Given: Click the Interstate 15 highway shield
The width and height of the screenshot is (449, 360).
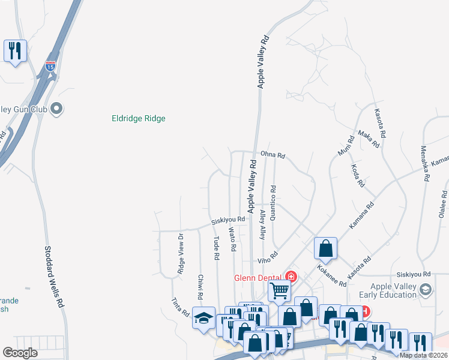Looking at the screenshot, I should tap(50, 65).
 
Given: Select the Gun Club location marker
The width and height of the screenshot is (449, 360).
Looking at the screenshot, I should tap(56, 109).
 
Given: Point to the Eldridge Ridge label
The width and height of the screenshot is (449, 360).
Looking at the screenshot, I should tap(139, 118).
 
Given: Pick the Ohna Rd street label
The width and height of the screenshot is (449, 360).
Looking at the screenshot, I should tap(273, 155).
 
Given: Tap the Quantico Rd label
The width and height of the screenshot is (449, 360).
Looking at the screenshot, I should tap(273, 203).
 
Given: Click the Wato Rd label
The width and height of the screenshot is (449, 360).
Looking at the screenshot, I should tap(232, 239).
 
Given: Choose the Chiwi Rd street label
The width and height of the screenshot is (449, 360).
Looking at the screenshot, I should tap(199, 287).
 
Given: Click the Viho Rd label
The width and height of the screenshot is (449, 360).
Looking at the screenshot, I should tap(268, 258).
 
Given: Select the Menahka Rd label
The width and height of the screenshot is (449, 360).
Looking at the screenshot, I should tap(425, 163).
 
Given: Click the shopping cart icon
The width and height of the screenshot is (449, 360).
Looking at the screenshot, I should tap(279, 290).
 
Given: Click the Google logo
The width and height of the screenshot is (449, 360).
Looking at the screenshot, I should tap(20, 353).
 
